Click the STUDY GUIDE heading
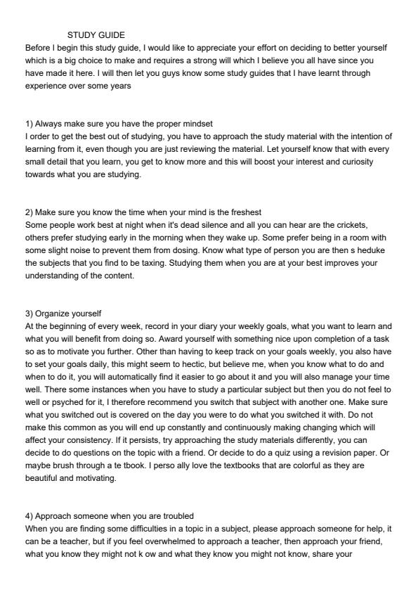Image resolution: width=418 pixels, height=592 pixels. tap(96, 34)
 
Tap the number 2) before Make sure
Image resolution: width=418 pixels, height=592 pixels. tap(29, 212)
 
